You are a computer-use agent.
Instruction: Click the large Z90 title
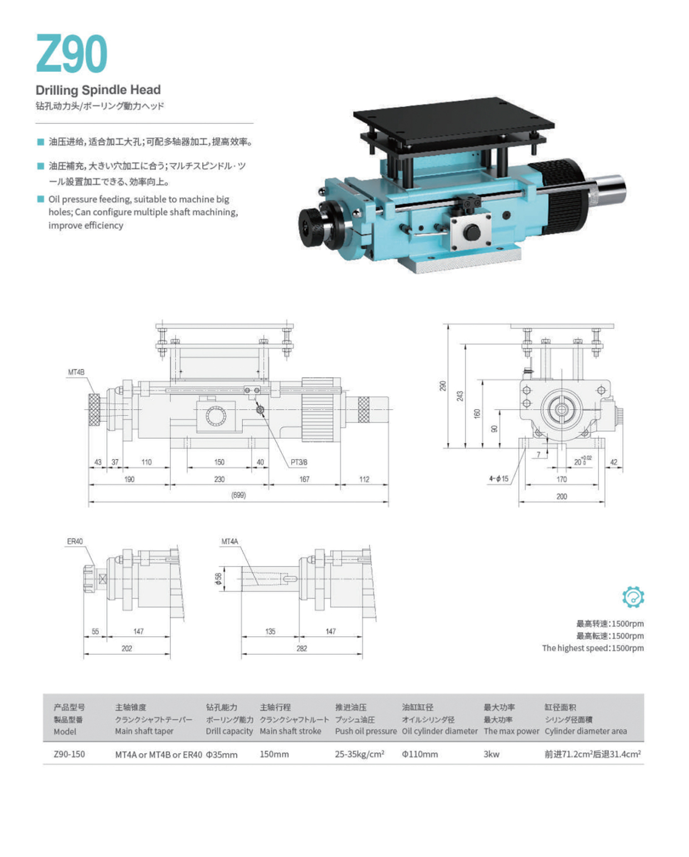point(71,54)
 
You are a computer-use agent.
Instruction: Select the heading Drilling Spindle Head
point(98,90)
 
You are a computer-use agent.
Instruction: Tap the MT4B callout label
point(76,372)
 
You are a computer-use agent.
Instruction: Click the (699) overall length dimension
point(238,495)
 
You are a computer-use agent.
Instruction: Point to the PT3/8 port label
point(299,462)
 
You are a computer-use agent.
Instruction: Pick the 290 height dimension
point(443,386)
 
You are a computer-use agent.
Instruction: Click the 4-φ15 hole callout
point(498,479)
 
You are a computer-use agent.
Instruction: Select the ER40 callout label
point(75,541)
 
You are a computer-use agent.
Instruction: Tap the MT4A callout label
point(229,541)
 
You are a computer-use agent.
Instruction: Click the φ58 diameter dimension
point(218,579)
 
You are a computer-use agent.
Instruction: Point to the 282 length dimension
point(302,649)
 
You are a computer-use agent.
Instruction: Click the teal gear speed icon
point(633,597)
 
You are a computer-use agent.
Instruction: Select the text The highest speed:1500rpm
point(593,648)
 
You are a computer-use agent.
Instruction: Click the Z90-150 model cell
point(69,754)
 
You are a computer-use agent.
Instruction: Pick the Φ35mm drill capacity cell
point(222,755)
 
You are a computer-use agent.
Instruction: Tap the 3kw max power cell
point(492,754)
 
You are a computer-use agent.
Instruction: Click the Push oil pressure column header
point(366,731)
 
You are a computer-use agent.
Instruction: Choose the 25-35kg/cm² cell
point(360,754)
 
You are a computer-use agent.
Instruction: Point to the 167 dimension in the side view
point(304,479)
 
